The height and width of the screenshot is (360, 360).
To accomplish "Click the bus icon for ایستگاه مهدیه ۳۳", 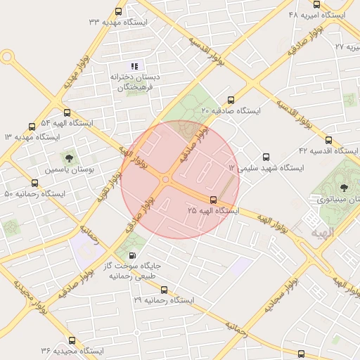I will tap(118, 11).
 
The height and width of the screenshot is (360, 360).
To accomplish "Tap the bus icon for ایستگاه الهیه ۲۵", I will tap(214, 200).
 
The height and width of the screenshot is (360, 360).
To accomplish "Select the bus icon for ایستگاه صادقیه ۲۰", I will tap(231, 101).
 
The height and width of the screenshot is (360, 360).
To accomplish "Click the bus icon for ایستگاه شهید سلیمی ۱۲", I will tap(265, 157).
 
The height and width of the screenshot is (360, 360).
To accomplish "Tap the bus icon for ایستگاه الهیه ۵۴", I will tap(67, 112).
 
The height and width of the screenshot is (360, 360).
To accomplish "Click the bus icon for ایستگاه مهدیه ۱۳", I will tap(32, 127).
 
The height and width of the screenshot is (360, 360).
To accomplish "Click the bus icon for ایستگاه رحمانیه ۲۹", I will tap(164, 290).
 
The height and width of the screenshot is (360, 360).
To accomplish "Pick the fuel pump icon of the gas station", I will tap(134, 255).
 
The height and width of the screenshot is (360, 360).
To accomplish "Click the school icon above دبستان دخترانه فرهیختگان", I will tap(134, 65).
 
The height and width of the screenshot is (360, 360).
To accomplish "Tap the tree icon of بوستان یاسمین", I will tap(69, 157).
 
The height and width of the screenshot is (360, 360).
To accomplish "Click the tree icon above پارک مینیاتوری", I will tap(344, 187).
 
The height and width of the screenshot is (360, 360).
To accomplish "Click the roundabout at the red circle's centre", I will tap(166, 180).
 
